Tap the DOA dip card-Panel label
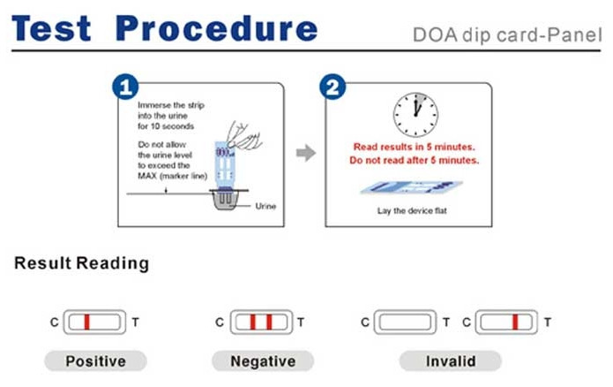506,37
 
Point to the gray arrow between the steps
305,154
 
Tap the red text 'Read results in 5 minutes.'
415,147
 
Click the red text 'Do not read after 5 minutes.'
415,161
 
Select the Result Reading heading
82,263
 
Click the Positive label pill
95,360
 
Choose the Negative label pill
262,360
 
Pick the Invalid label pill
451,360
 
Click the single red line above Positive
86,322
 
